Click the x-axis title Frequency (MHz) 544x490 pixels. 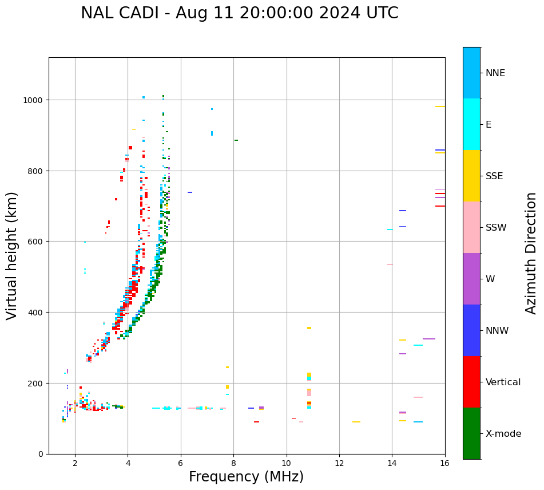click(246, 477)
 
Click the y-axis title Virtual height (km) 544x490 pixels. click(12, 256)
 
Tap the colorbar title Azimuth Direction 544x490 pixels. click(531, 253)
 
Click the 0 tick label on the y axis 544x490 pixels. click(40, 454)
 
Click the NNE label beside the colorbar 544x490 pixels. click(495, 73)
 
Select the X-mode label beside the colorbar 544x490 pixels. click(503, 434)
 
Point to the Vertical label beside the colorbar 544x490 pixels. click(503, 382)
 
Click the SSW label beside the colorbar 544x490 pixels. click(496, 228)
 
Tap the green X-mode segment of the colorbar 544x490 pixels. click(471, 433)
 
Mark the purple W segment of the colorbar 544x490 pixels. click(471, 279)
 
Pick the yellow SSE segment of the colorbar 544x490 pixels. click(471, 176)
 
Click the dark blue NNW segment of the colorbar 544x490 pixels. click(471, 330)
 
